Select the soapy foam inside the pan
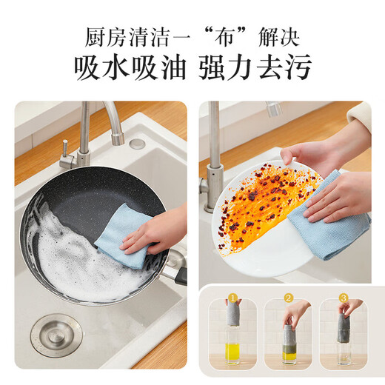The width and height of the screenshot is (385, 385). click(x=70, y=255)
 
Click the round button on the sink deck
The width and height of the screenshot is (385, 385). click(x=137, y=144)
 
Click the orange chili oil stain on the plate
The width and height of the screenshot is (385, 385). click(x=263, y=196)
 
